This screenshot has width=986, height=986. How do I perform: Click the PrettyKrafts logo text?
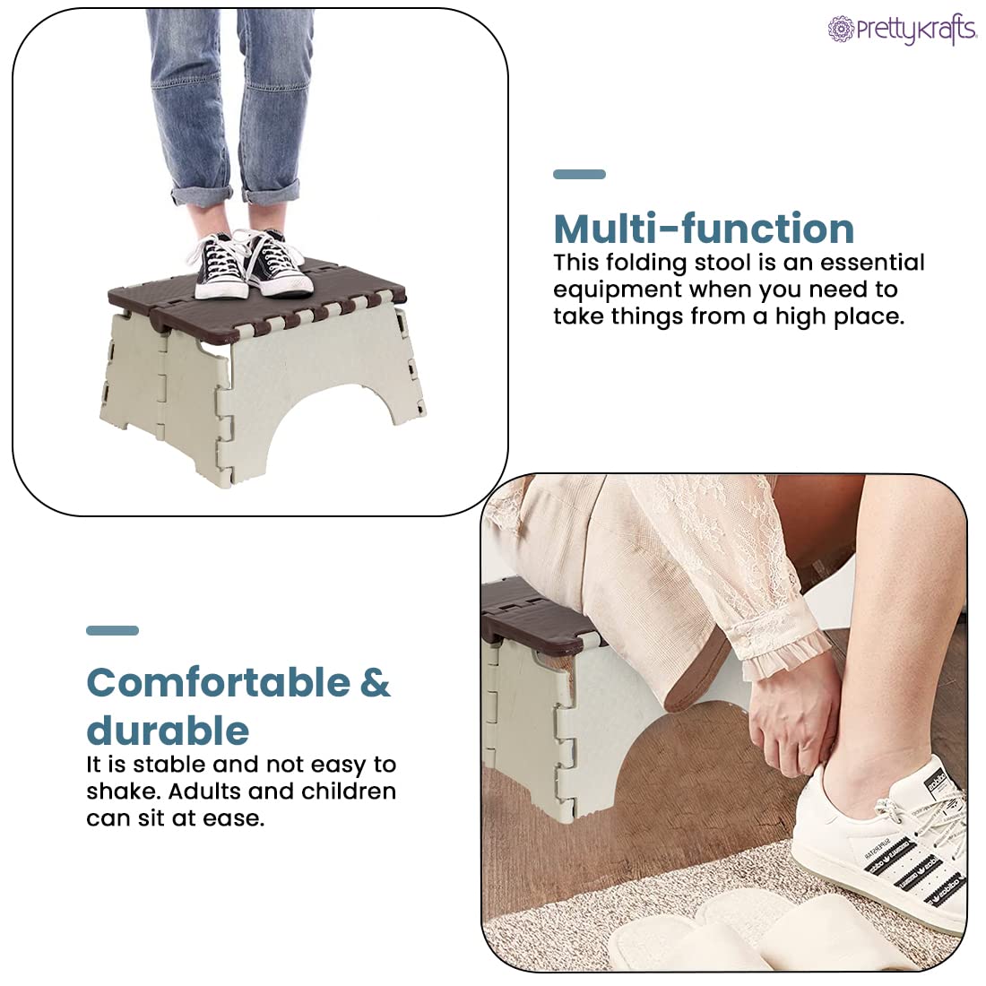pyautogui.click(x=914, y=31)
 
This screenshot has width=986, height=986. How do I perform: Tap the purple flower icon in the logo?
pyautogui.click(x=840, y=30)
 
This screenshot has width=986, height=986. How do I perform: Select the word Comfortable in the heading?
pyautogui.click(x=218, y=682)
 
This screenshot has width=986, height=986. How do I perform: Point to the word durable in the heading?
pyautogui.click(x=168, y=731)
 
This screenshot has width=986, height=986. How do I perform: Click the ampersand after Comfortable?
pyautogui.click(x=376, y=682)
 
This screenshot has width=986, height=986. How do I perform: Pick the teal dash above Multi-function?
pyautogui.click(x=579, y=174)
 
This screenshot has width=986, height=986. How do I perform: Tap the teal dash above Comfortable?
pyautogui.click(x=112, y=630)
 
